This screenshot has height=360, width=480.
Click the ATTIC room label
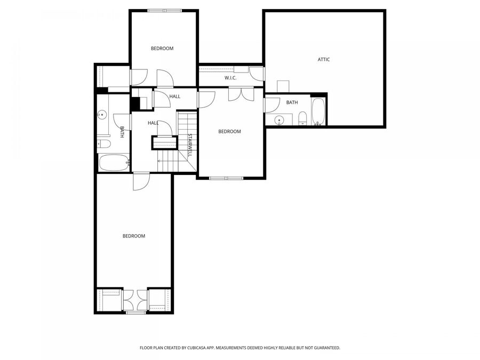tap(324, 59)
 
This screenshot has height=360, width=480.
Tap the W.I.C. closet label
tap(230, 78)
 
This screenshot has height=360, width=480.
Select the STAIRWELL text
tap(189, 145)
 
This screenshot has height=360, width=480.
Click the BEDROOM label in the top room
tap(162, 49)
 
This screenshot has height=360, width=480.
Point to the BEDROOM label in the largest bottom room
tap(134, 236)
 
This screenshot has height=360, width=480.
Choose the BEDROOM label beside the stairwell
tap(230, 131)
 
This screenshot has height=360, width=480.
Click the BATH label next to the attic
tap(292, 102)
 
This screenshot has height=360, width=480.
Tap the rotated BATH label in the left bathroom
tap(122, 132)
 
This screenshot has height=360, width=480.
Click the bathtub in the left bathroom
tap(114, 162)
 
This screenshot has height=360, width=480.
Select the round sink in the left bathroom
tap(101, 114)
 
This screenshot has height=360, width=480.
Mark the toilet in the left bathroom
tap(103, 143)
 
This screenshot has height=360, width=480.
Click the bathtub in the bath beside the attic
tap(318, 111)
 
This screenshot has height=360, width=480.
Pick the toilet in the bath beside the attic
tap(302, 118)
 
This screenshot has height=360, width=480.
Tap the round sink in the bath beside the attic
tap(279, 119)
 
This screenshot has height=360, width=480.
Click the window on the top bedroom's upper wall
tap(164, 10)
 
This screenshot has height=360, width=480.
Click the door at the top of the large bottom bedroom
tap(141, 181)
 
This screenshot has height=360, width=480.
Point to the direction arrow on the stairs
tap(159, 161)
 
